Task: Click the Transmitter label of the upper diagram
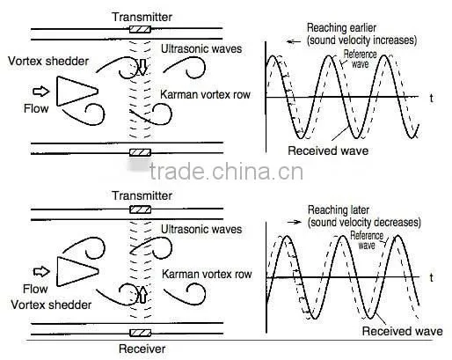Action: (142, 17)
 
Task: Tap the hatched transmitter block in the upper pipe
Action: (140, 29)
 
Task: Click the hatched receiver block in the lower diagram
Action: (140, 333)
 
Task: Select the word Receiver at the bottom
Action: (142, 349)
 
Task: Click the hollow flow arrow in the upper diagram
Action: (41, 92)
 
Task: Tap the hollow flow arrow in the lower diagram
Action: (41, 271)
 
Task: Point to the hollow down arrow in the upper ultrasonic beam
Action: (142, 67)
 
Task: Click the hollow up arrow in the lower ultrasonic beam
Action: (142, 295)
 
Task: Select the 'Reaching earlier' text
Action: (341, 28)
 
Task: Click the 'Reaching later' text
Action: (339, 210)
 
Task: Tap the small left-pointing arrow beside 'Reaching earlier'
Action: (294, 41)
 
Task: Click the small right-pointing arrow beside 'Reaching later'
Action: (294, 222)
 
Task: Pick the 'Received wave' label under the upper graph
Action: (328, 151)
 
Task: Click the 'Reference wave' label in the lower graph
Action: (367, 240)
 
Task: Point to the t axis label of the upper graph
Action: (431, 99)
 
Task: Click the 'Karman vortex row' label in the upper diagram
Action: (205, 94)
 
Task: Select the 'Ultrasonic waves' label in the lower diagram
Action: (201, 229)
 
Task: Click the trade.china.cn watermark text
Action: (226, 172)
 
